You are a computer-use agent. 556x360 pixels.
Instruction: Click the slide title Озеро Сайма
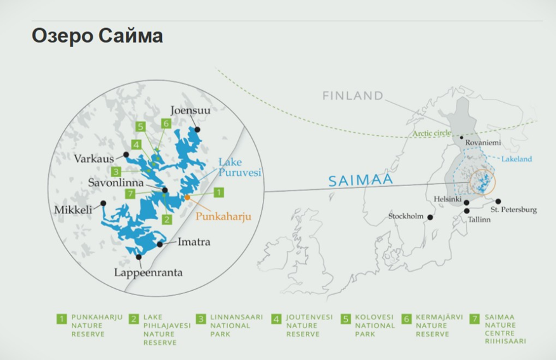[97, 36]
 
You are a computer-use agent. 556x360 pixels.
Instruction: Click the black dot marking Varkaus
[127, 154]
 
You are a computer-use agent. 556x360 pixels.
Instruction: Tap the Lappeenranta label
[149, 273]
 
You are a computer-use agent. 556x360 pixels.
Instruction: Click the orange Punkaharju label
[223, 216]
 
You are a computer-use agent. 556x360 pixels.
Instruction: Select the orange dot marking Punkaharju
[187, 197]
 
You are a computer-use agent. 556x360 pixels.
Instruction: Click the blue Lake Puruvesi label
[240, 167]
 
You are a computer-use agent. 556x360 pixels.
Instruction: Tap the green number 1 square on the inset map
[219, 192]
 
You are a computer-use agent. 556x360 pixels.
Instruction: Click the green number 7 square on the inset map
[129, 193]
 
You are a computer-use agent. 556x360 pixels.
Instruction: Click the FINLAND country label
[352, 96]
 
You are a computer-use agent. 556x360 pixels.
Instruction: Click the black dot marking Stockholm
[430, 217]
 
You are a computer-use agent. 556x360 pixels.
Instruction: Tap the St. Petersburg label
[514, 210]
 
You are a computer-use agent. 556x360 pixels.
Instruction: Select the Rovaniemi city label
[483, 143]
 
